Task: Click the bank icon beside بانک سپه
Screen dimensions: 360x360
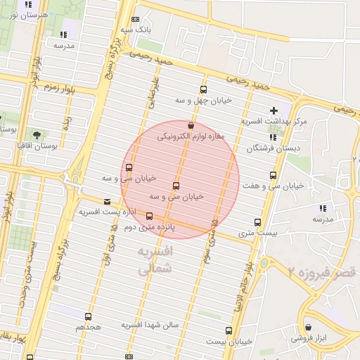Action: click(136, 20)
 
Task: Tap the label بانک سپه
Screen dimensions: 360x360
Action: click(135, 31)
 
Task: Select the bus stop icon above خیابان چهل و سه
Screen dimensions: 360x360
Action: click(204, 89)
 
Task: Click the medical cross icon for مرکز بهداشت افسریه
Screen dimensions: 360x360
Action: click(274, 110)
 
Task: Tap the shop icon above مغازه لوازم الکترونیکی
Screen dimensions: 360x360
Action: click(191, 124)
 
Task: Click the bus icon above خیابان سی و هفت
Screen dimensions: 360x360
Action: click(273, 175)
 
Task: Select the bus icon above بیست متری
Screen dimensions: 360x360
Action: click(257, 222)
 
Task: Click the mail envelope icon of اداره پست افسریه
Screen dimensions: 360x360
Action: click(107, 201)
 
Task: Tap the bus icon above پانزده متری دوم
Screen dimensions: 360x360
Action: click(149, 216)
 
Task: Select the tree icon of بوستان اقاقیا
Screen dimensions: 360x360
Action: click(37, 134)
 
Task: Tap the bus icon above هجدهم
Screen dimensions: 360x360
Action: click(88, 317)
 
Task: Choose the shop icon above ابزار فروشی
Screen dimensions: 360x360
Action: click(309, 327)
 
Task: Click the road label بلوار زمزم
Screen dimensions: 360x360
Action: click(59, 87)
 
